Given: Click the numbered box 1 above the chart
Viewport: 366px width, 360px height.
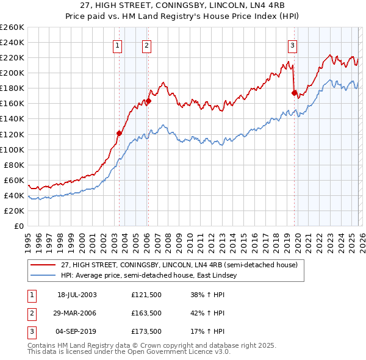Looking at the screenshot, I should coord(117,45).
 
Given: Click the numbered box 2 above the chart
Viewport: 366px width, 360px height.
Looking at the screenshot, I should coord(147,45).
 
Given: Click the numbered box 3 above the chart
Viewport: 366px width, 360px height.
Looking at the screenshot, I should coord(293,45).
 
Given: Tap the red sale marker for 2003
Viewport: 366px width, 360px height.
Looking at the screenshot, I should coord(120,132).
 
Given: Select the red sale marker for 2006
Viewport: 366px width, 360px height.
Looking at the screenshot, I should coord(148,101).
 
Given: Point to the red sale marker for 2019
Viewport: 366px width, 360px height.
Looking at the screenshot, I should coord(293,93).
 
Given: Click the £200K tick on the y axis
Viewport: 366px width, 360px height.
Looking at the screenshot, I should coord(12,73).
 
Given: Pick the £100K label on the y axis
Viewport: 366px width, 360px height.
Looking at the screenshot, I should coord(12,149).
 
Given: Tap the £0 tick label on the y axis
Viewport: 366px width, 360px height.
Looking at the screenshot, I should coord(18,226).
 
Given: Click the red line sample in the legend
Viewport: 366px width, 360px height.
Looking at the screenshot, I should coord(44,265).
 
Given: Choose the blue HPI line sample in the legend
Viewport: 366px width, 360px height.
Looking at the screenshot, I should coord(44,275).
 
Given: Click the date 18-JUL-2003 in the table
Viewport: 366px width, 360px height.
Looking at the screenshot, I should coord(77,294).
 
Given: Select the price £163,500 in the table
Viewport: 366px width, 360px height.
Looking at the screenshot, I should coord(146,313).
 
